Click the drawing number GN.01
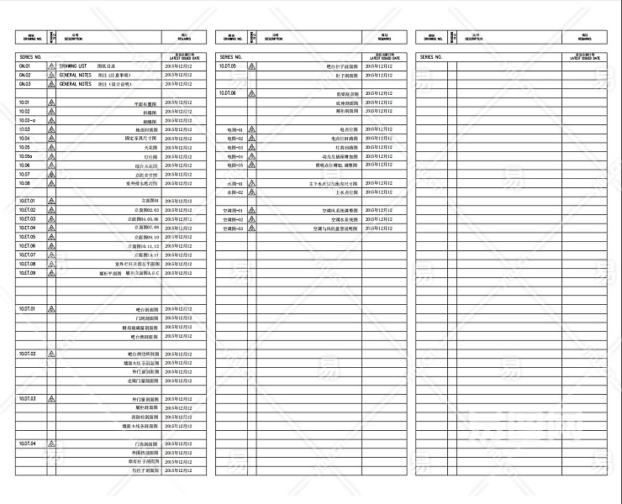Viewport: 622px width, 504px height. [24, 66]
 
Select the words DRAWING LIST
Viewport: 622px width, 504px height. [74, 66]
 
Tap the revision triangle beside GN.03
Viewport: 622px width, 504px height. [51, 84]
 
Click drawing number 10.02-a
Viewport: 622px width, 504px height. [27, 120]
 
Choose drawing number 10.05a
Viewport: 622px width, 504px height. [25, 156]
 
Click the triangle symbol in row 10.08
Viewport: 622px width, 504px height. [51, 183]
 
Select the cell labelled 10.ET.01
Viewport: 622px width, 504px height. [27, 201]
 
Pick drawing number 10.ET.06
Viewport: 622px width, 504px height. [27, 246]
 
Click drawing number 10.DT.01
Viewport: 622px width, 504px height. [27, 309]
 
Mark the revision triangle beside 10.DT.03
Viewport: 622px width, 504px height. [51, 398]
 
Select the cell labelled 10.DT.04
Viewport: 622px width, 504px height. [27, 444]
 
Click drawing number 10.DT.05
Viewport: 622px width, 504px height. [228, 66]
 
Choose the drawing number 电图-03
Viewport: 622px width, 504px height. [235, 147]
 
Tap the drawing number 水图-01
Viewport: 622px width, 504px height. [235, 183]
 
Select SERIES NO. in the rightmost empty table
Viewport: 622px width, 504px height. [430, 56]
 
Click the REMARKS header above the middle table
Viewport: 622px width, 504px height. [383, 38]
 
